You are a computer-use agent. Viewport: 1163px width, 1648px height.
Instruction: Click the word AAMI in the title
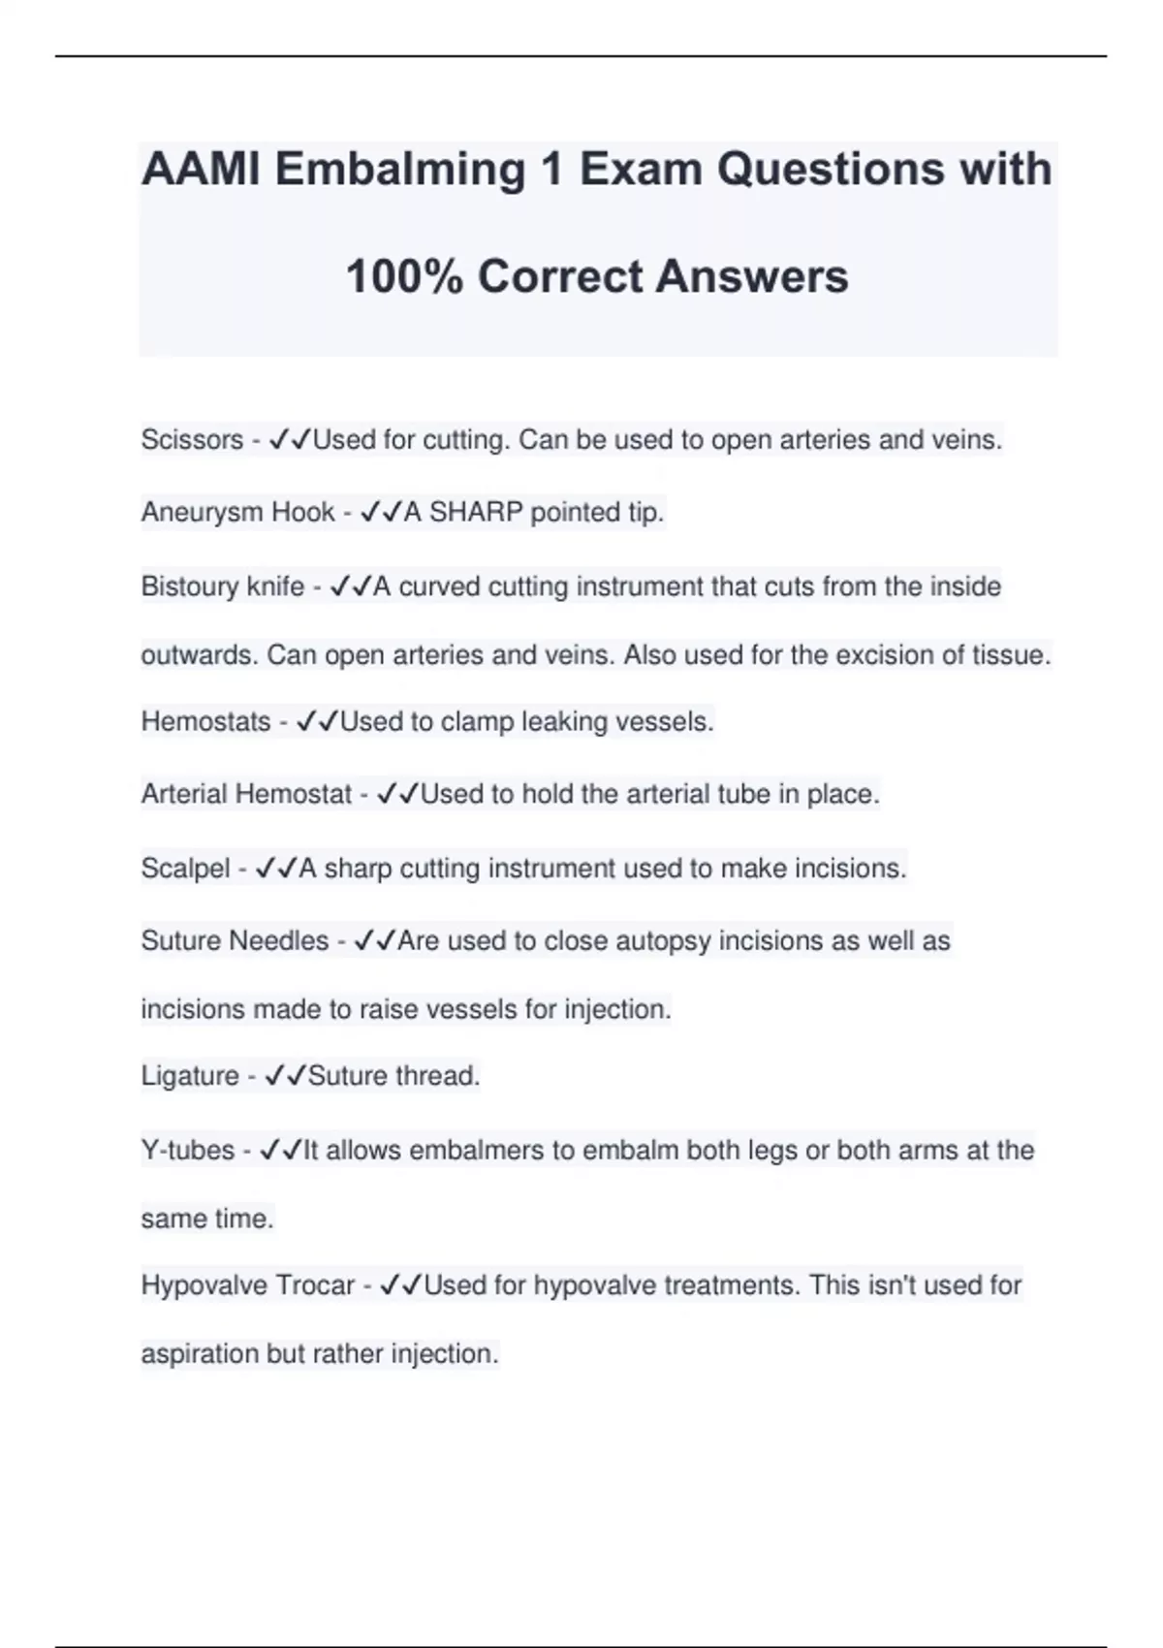201,170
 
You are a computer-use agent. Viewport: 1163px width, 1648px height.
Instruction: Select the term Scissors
192,440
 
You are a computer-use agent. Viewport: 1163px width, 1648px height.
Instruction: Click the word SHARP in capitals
476,512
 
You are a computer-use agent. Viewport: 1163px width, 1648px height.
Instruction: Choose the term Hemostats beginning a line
205,722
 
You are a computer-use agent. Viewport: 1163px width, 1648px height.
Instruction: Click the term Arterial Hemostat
246,795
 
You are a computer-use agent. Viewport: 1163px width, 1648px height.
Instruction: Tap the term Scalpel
185,869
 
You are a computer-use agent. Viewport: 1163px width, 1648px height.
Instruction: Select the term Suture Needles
235,941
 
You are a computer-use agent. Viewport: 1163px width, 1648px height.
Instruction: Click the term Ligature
190,1076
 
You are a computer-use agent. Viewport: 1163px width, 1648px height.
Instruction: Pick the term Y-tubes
187,1151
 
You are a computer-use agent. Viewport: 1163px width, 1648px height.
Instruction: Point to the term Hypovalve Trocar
248,1285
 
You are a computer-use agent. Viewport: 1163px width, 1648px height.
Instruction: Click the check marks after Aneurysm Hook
381,512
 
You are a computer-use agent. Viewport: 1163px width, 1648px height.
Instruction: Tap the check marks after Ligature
286,1076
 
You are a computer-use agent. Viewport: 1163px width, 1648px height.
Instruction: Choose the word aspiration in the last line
200,1354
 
